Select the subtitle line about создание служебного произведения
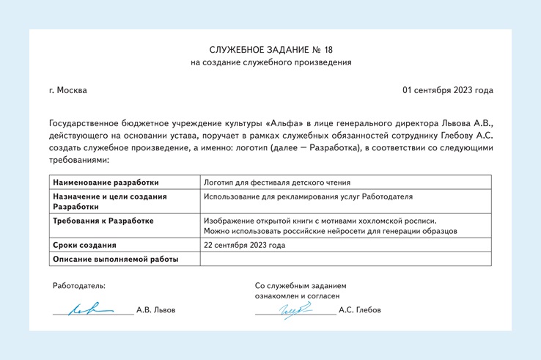coord(270,63)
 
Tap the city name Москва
coord(72,90)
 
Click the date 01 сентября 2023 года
coord(447,90)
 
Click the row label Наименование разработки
coord(106,183)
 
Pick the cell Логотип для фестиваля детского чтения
coord(276,183)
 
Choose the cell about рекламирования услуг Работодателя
coord(308,196)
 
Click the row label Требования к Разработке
coord(103,221)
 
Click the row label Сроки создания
coord(84,245)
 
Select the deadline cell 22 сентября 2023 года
coord(244,245)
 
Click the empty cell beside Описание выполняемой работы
coord(345,259)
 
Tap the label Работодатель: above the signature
coord(78,285)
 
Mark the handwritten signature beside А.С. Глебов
coord(292,310)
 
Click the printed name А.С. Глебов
coord(360,310)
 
